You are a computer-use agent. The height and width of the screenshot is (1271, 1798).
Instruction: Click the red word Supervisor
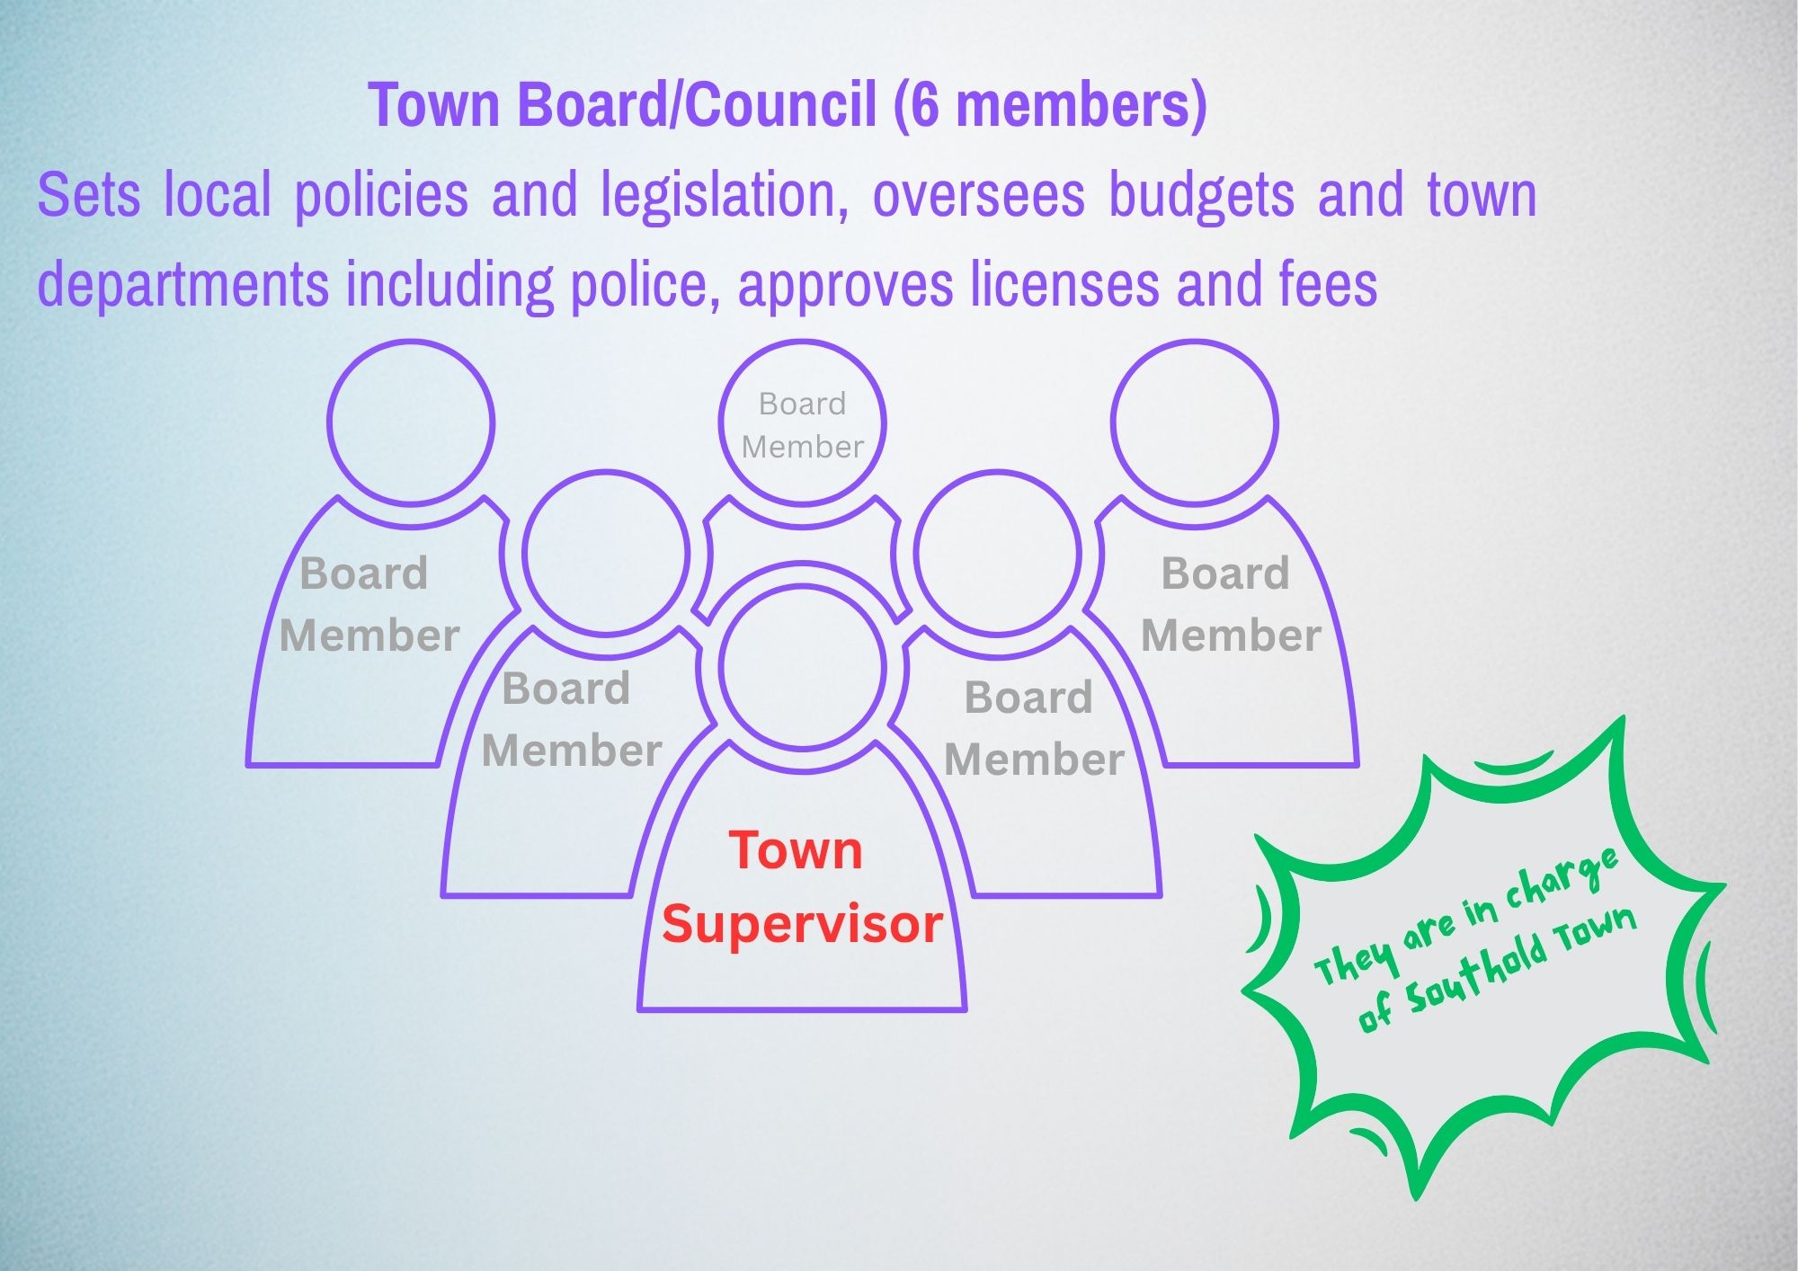(802, 925)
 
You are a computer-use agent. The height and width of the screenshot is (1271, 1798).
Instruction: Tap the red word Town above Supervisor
(796, 850)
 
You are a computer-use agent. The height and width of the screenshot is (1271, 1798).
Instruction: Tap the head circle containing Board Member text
(802, 422)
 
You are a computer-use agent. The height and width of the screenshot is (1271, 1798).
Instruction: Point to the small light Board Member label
(802, 425)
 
